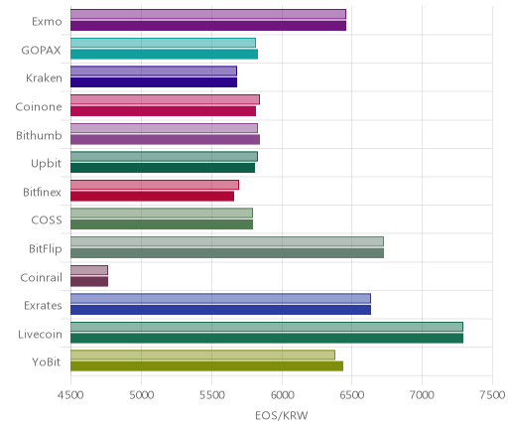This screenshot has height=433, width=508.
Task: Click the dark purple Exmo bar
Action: pos(208,26)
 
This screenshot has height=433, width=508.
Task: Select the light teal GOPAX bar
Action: pos(163,43)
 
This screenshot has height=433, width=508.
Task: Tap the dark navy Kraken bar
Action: pos(154,82)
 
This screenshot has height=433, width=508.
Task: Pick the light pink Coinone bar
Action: pos(165,99)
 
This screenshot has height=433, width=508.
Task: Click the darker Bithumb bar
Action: pos(165,139)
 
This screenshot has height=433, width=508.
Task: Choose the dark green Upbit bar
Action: pos(163,168)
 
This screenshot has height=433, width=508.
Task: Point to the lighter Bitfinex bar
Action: pos(155,185)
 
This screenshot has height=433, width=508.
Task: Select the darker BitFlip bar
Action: pos(227,253)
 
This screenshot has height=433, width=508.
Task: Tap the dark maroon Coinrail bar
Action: pos(89,281)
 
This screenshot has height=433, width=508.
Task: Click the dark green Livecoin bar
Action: pos(267,339)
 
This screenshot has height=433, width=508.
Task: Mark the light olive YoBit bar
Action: pos(202,355)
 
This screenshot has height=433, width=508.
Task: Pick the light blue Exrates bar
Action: pos(220,298)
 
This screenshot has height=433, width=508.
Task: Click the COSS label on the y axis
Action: pos(47,220)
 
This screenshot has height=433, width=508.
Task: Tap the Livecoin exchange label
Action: pos(40,334)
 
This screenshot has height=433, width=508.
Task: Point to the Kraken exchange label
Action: pos(44,78)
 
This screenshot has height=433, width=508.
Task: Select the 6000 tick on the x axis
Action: pos(282,395)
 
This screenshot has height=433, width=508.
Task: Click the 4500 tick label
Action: pos(70,395)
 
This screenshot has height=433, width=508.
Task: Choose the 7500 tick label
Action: pos(493,395)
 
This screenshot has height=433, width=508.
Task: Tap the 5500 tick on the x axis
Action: pos(211,395)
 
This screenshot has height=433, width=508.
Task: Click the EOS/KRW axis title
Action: pos(282,415)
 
